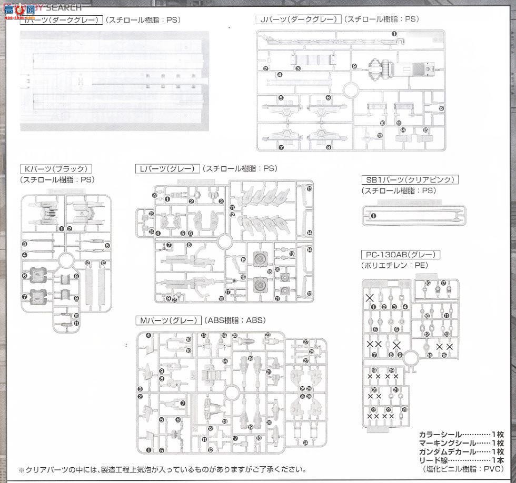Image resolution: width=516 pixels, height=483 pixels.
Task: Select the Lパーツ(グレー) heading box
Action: click(x=167, y=169)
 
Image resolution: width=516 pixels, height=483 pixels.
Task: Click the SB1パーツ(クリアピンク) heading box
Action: click(x=410, y=180)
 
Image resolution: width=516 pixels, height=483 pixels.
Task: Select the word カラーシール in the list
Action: click(x=440, y=435)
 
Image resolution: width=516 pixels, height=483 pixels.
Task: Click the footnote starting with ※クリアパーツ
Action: click(x=162, y=470)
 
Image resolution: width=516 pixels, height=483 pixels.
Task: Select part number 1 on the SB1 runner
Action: click(x=374, y=216)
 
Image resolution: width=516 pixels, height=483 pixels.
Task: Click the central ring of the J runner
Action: click(x=349, y=90)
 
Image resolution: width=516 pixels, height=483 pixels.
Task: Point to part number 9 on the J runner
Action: click(x=354, y=66)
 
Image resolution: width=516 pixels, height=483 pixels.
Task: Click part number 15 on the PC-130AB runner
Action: click(x=445, y=356)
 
